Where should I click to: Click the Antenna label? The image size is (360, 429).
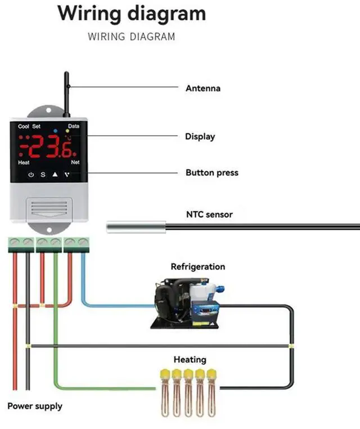(x=202, y=88)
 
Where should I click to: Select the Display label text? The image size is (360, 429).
(x=200, y=136)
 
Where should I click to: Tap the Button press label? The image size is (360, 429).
(x=211, y=173)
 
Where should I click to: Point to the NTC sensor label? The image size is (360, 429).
(x=209, y=214)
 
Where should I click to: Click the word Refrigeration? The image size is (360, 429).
(x=197, y=267)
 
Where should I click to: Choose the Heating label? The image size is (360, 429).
(x=190, y=359)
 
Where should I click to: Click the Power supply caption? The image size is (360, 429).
(x=35, y=406)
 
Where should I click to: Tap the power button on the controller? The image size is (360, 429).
(x=31, y=175)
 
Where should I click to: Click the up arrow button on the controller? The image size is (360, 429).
(x=55, y=175)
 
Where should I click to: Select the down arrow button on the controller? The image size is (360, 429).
(x=67, y=175)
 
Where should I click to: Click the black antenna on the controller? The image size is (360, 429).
(x=66, y=93)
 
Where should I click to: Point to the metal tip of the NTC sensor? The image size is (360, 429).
(x=136, y=227)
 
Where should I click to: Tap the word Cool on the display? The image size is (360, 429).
(x=23, y=127)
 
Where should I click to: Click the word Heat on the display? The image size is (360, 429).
(x=24, y=162)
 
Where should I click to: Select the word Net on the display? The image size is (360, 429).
(x=75, y=162)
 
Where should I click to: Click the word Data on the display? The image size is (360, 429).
(x=74, y=127)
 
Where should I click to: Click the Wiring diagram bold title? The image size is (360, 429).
(x=132, y=14)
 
